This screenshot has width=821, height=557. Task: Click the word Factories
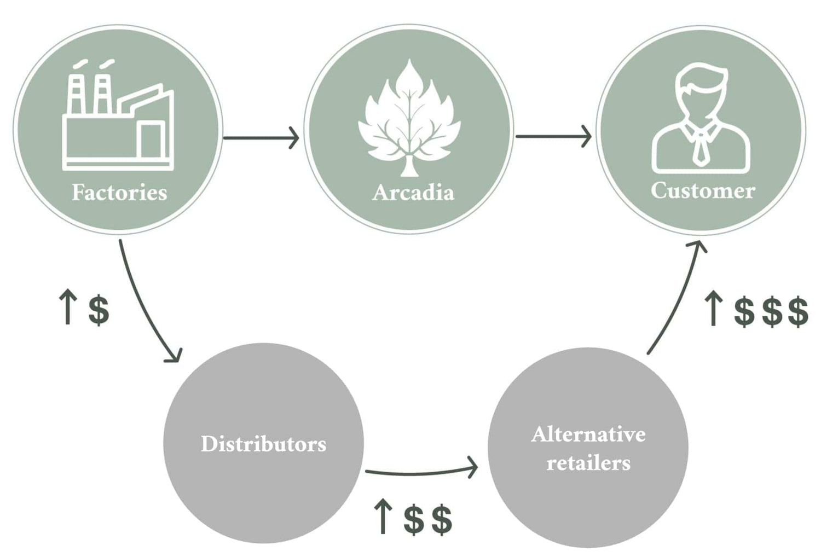[119, 193]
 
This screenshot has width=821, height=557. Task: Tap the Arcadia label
[413, 193]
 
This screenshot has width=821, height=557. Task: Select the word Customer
[703, 190]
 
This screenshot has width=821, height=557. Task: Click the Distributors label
[263, 444]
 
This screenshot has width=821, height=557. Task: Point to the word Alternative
[588, 434]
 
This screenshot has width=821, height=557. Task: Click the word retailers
[588, 463]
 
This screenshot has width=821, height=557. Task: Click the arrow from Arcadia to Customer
[553, 137]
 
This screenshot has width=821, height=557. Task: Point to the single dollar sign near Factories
[99, 310]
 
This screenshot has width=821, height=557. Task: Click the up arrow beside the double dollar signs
[383, 518]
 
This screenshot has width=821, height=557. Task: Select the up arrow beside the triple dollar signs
[713, 310]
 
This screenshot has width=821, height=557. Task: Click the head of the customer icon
[701, 90]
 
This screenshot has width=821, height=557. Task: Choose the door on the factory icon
[151, 141]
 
